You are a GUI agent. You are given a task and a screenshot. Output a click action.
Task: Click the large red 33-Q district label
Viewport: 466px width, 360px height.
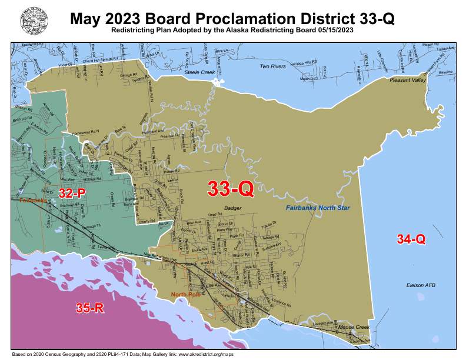[231, 188]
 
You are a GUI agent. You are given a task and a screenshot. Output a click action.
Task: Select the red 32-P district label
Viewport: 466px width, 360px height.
[72, 192]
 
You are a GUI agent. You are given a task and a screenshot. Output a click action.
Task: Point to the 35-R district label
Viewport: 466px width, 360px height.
[90, 307]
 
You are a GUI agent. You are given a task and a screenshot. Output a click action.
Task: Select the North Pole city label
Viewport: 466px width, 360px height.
[185, 294]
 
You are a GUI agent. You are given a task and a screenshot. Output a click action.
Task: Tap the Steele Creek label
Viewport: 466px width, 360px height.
[197, 71]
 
